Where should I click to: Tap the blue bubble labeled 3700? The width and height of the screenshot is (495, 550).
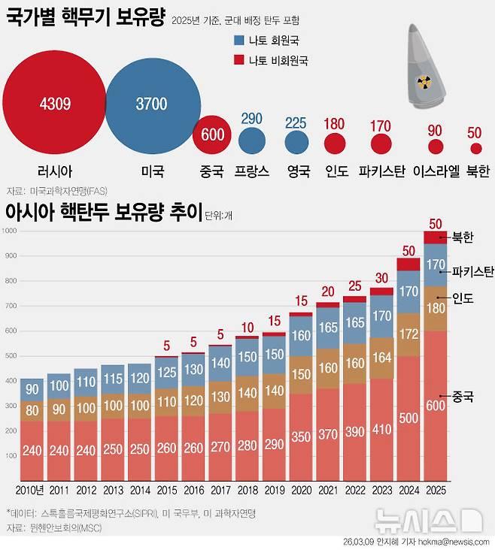[x=151, y=104]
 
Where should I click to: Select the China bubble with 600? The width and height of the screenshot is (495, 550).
[x=213, y=134]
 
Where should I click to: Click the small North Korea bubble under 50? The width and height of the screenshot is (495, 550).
[x=475, y=149]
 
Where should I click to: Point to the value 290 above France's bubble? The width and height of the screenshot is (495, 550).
[x=251, y=119]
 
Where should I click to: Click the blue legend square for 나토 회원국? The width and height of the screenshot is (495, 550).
[x=239, y=39]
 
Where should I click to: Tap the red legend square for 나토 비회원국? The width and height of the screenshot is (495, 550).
[x=239, y=59]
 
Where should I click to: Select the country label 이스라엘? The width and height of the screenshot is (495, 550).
[x=436, y=171]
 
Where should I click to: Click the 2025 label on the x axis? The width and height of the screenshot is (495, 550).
[x=436, y=490]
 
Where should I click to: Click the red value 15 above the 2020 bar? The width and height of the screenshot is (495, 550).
[x=301, y=301]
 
